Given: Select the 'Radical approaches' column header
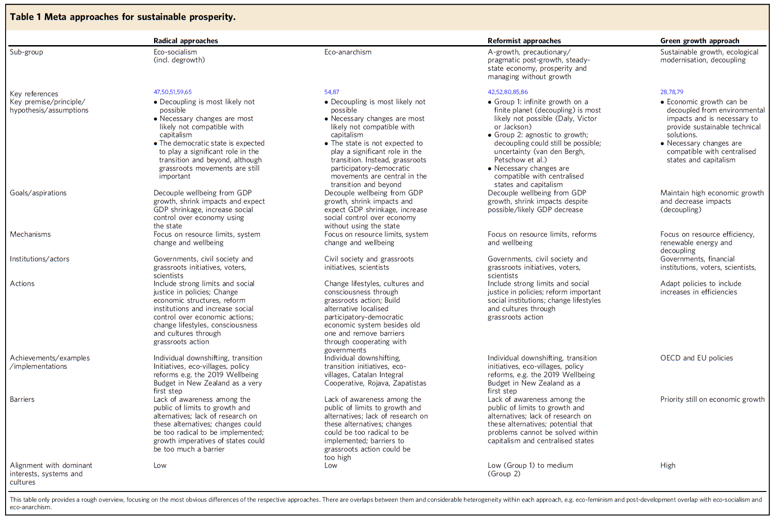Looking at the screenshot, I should (x=186, y=40).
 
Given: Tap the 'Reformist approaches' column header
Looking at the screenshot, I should (x=524, y=40).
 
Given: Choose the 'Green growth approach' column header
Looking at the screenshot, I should (x=699, y=40).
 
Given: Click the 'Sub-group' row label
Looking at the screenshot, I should (x=27, y=52).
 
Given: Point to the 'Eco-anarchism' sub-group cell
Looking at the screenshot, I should (x=348, y=52).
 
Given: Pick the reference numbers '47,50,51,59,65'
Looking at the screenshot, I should (x=173, y=92).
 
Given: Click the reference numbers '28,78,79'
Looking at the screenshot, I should (x=672, y=92).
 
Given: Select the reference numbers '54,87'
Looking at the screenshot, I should (x=332, y=92).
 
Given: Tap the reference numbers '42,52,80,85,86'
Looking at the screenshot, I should (x=508, y=92).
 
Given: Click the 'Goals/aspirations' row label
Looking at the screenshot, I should (x=38, y=193).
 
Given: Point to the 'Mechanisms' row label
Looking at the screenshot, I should (x=30, y=234).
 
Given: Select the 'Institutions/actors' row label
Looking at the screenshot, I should (x=40, y=259).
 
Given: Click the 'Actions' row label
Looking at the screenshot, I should (x=22, y=284).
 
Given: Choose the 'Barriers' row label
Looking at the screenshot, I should (x=22, y=399).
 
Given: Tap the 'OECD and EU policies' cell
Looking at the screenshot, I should (x=696, y=358).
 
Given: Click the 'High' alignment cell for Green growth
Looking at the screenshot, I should (x=667, y=465).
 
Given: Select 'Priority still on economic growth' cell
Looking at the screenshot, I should (x=712, y=399).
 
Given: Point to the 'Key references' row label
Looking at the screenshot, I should (x=34, y=94).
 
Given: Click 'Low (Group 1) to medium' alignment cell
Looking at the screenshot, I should (x=530, y=465).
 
